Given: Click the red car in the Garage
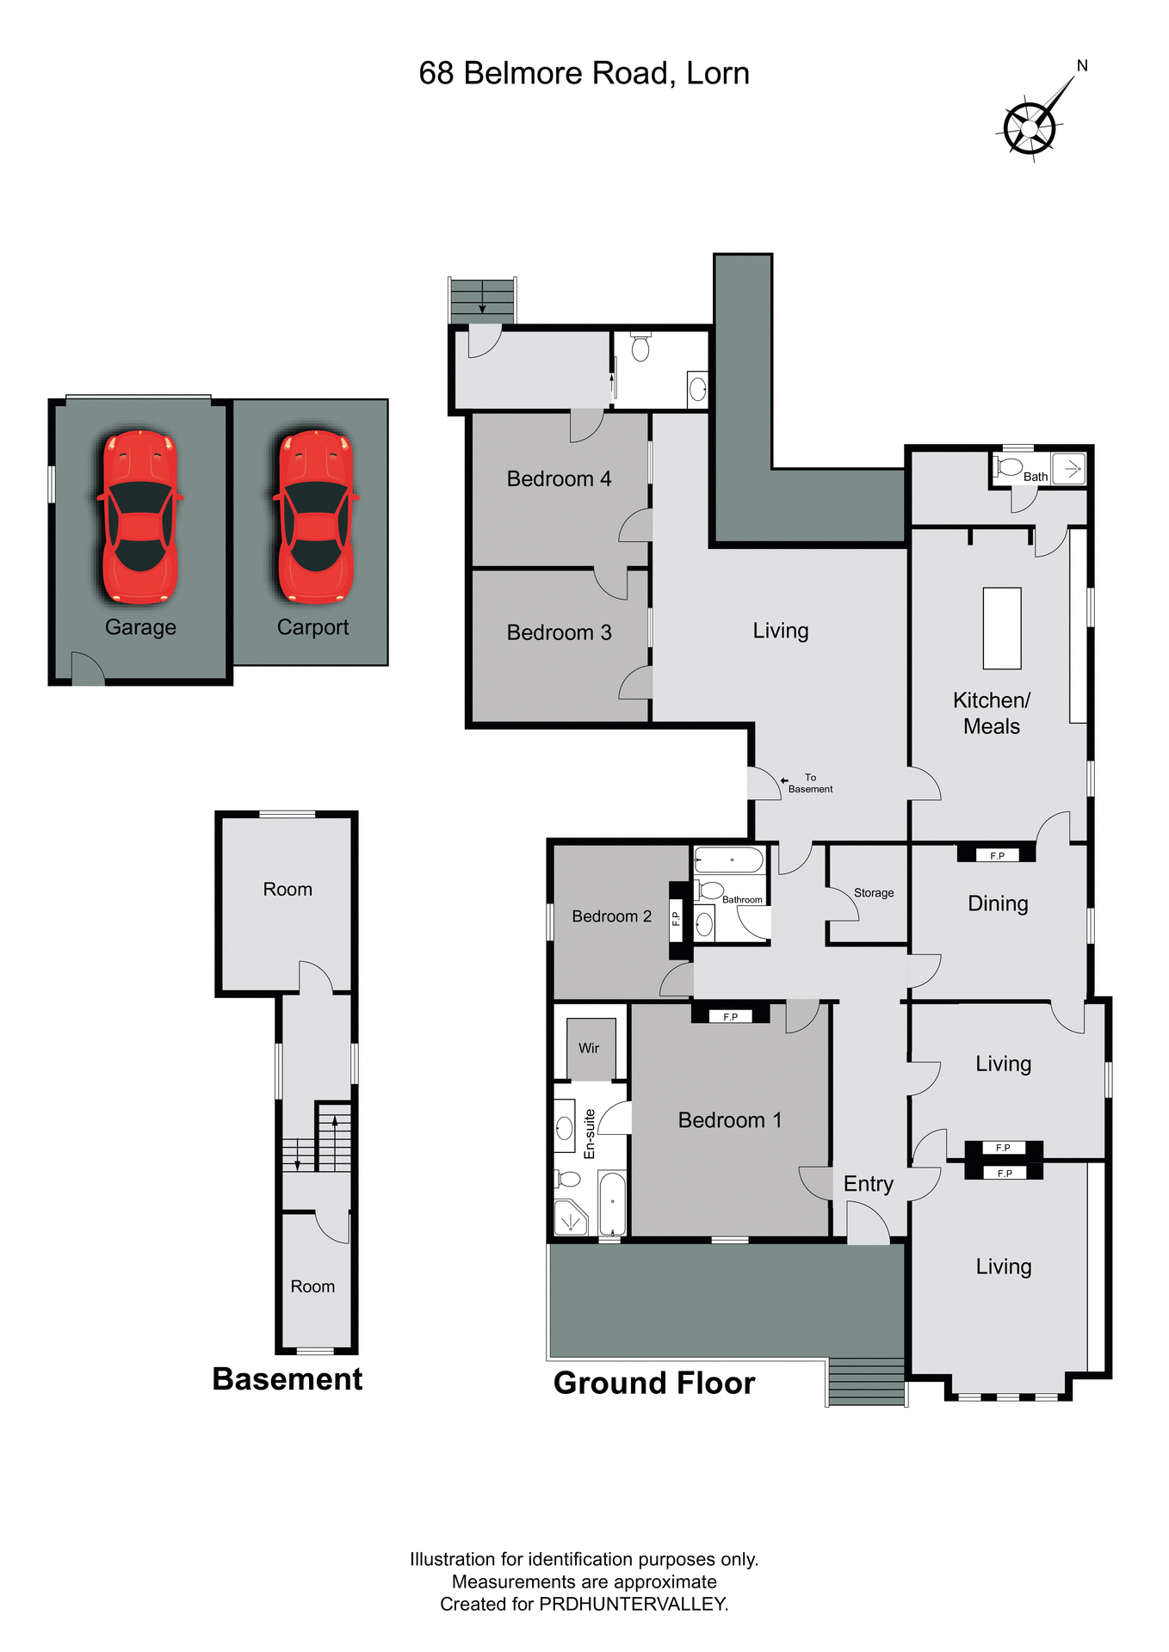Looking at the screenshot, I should pyautogui.click(x=140, y=516).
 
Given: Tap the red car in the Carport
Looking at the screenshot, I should pyautogui.click(x=315, y=516).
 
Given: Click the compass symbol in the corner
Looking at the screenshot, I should pyautogui.click(x=1030, y=127).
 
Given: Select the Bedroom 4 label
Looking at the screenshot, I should pyautogui.click(x=559, y=479).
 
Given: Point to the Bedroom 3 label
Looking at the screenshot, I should pyautogui.click(x=559, y=633).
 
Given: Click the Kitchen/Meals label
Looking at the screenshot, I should pyautogui.click(x=992, y=713).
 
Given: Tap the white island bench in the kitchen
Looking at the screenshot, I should pyautogui.click(x=1002, y=628).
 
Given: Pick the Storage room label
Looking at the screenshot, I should pyautogui.click(x=874, y=893).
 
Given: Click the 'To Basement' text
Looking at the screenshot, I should pyautogui.click(x=810, y=783).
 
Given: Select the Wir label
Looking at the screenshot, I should pyautogui.click(x=589, y=1048).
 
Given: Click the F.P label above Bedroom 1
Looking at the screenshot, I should pyautogui.click(x=731, y=1017).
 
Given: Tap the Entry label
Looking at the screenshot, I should pyautogui.click(x=868, y=1184).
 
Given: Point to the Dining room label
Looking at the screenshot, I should pyautogui.click(x=998, y=903).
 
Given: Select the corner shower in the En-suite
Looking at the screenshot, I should pyautogui.click(x=570, y=1218).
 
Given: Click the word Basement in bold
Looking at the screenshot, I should pyautogui.click(x=288, y=1379).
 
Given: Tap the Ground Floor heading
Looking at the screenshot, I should pyautogui.click(x=654, y=1383).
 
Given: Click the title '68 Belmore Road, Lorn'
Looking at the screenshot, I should pyautogui.click(x=584, y=74).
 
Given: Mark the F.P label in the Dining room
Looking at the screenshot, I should pyautogui.click(x=998, y=856).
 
